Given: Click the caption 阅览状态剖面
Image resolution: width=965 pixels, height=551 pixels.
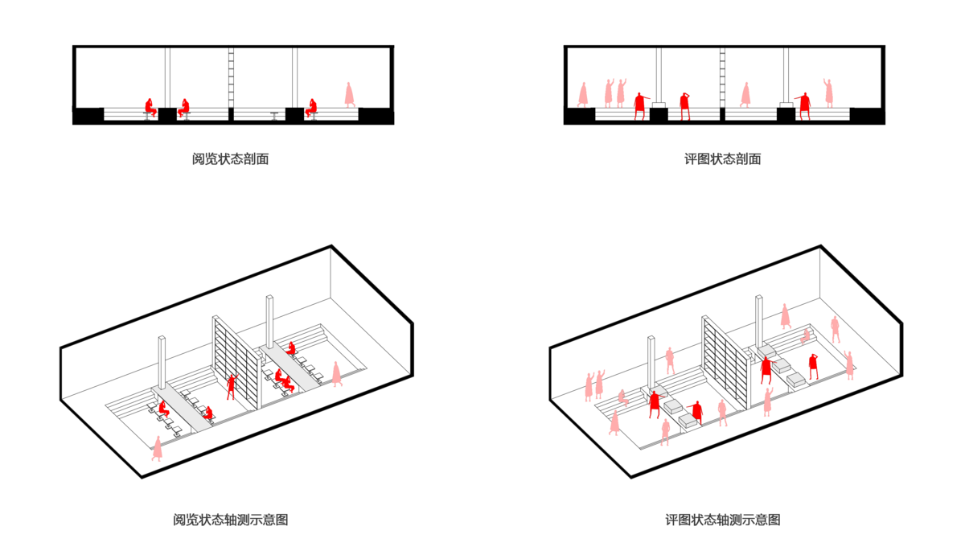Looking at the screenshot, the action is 230,159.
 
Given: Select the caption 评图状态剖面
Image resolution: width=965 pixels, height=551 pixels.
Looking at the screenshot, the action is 722,159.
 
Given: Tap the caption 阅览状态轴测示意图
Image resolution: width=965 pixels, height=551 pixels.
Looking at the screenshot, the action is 231,520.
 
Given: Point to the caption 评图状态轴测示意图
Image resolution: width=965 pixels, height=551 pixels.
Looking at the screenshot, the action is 723,520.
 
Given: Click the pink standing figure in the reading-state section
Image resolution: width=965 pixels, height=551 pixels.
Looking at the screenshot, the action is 349,95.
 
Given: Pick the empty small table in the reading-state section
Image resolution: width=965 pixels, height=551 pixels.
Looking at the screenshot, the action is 274,116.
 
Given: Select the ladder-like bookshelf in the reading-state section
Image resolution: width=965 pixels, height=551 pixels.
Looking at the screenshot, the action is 231,77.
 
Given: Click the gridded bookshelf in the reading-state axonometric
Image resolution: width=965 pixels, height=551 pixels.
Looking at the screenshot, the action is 236,362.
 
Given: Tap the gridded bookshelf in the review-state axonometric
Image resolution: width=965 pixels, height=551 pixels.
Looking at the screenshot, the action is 726,362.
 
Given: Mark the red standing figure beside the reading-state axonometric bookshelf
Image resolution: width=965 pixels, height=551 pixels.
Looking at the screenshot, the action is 232,386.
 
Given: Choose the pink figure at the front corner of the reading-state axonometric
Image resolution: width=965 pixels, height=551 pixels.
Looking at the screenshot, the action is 158,448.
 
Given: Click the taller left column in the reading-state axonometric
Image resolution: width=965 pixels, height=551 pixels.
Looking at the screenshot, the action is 162,363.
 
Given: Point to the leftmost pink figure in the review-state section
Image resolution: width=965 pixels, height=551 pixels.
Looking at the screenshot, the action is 583,95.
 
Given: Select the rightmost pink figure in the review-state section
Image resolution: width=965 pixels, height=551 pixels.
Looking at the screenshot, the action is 828,93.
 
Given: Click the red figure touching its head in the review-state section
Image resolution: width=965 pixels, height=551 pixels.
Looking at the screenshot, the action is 684,106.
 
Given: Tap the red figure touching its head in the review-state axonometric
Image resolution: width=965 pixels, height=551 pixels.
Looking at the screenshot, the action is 813,367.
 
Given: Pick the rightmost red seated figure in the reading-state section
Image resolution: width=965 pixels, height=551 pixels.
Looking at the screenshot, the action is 311,109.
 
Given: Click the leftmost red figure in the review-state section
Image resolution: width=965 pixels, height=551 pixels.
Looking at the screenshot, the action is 641,106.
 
